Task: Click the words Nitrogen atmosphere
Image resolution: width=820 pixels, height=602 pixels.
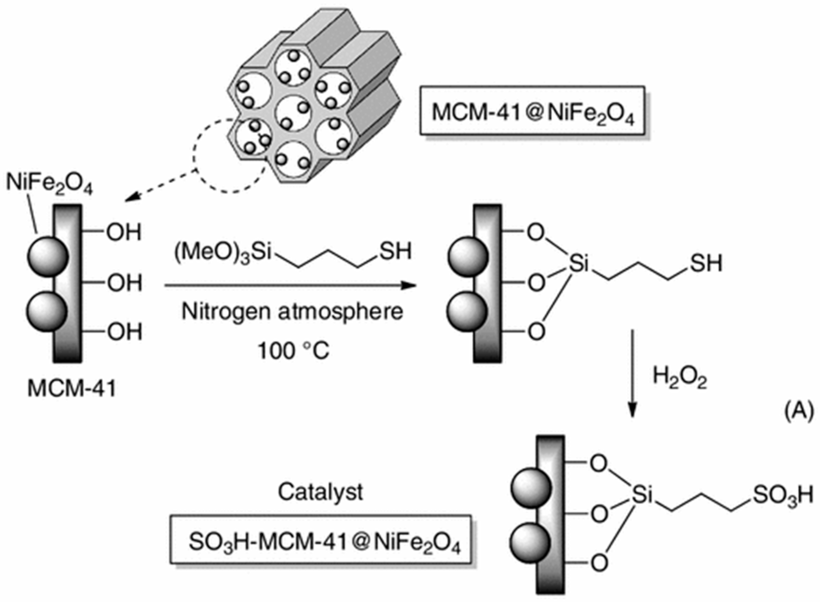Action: pyautogui.click(x=292, y=312)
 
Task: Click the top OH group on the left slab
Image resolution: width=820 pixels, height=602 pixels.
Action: pyautogui.click(x=124, y=232)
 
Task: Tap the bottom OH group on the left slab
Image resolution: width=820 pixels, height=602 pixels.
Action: pyautogui.click(x=124, y=332)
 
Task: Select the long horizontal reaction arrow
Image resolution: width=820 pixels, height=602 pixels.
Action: pyautogui.click(x=290, y=285)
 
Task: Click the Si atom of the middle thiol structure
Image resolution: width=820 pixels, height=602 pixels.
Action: pyautogui.click(x=579, y=263)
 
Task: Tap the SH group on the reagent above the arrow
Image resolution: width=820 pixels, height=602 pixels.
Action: pyautogui.click(x=396, y=252)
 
